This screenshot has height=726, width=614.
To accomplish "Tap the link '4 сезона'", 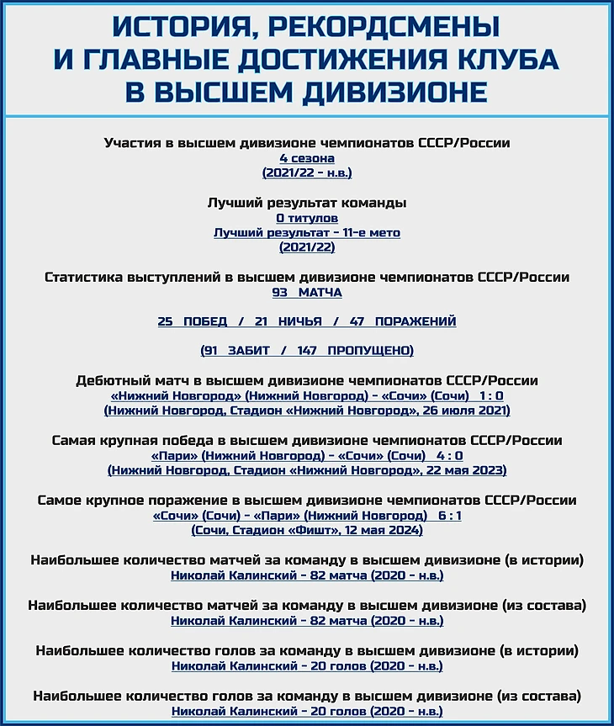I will [307, 158].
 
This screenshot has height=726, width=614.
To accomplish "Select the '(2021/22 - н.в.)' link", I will [307, 172].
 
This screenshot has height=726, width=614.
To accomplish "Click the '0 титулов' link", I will [307, 218].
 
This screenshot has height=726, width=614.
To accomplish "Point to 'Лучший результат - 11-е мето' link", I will [307, 232].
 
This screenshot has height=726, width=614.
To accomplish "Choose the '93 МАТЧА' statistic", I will [307, 292].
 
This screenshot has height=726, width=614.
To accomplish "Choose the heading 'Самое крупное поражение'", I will [135, 501].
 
